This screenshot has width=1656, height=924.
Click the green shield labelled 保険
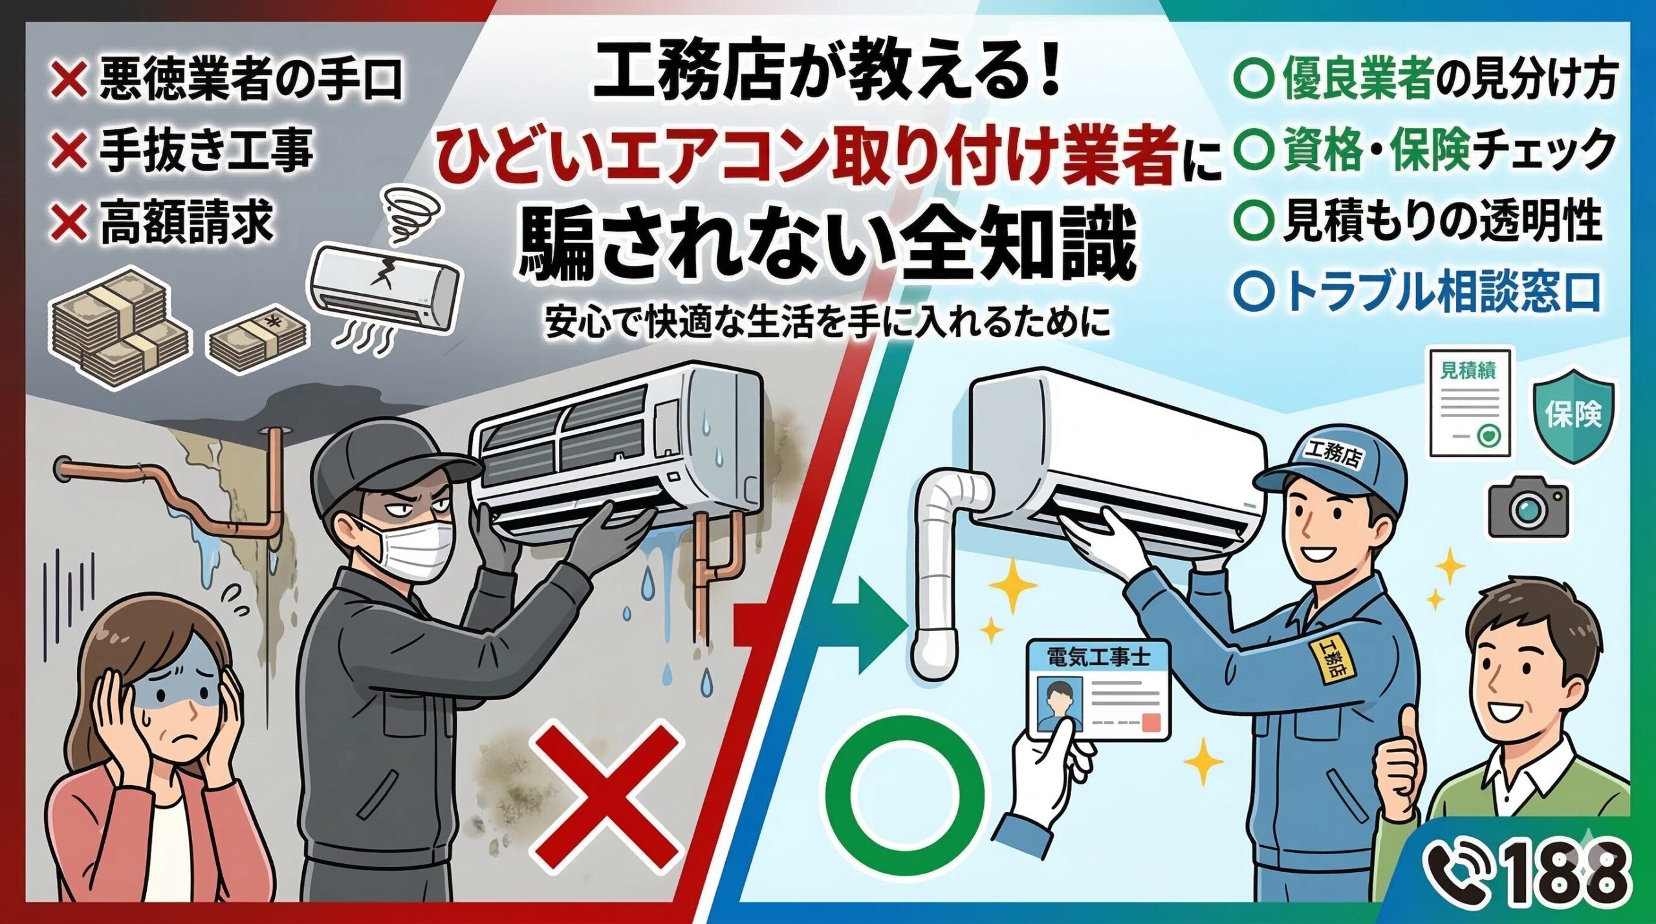tap(1573, 414)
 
